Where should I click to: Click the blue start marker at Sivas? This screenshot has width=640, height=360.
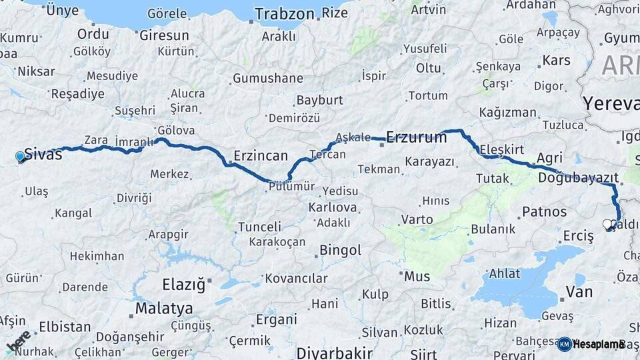pos(20,157)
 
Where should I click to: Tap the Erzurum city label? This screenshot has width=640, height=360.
pos(416,138)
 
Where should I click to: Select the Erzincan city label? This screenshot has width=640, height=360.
pos(260,156)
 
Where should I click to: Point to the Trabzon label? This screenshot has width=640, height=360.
pos(284,13)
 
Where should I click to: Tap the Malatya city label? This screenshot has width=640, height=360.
pos(164,308)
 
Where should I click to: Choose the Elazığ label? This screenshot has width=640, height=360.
pos(184,285)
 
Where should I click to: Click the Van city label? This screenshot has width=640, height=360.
pos(579,291)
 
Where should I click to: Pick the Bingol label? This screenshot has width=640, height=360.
pos(341,250)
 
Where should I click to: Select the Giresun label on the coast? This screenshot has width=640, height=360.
pos(164,35)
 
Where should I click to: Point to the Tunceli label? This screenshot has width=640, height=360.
pos(259,227)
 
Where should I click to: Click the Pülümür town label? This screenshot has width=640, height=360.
pos(291,187)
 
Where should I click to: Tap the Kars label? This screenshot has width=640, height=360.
pos(556,61)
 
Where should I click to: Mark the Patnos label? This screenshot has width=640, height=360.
pos(544,212)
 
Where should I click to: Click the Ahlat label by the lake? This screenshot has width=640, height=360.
pos(505,273)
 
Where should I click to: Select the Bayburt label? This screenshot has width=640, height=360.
pos(319,100)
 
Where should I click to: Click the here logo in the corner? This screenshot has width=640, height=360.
pos(18,341)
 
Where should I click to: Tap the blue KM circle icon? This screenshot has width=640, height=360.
pos(564,343)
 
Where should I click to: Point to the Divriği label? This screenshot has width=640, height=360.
pos(134,197)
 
